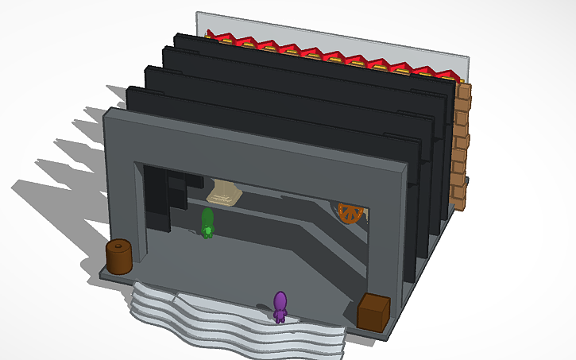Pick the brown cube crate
373,312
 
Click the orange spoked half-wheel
350,213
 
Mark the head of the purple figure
280,299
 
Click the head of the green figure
207,215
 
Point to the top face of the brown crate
373,302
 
